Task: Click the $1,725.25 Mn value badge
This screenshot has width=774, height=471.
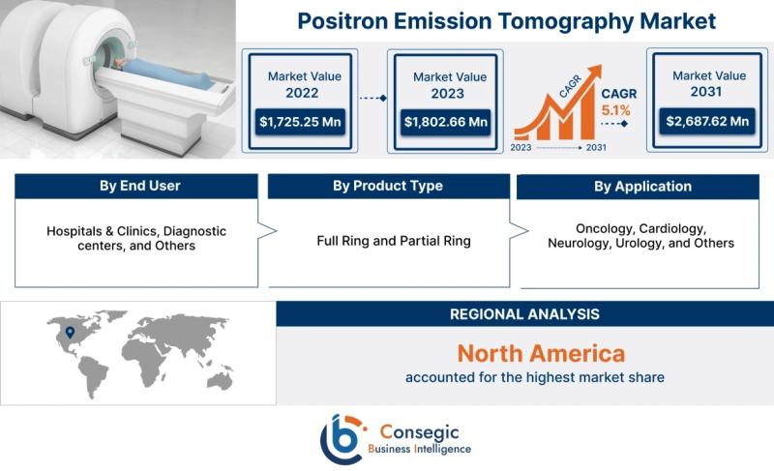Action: pos(300,122)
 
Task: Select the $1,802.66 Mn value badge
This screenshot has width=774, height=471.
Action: pos(446,122)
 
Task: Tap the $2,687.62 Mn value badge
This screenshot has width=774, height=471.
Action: pos(707,121)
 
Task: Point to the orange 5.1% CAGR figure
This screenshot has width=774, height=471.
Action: pos(615,110)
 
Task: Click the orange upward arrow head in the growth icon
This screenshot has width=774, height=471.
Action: pos(595,72)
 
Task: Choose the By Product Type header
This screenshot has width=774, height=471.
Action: pos(389,186)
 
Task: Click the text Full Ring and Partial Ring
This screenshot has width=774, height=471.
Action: pos(394,241)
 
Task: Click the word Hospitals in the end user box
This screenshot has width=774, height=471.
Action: pos(74,231)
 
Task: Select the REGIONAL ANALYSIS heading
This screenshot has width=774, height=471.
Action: pos(524,314)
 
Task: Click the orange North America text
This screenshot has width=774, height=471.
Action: pos(541,354)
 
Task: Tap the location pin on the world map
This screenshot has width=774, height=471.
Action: pos(70,332)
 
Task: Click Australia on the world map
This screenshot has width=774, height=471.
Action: pos(220,380)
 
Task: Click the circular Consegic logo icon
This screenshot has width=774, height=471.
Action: pos(343,439)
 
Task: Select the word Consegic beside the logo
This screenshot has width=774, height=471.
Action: pos(419,432)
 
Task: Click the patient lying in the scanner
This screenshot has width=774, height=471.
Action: pos(163,73)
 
